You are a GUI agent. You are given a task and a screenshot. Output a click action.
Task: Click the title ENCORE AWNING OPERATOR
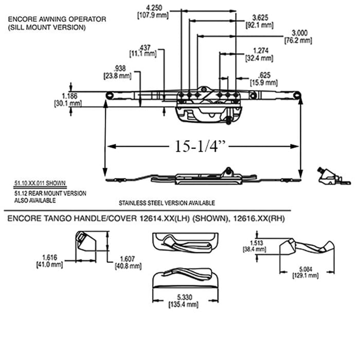(57, 19)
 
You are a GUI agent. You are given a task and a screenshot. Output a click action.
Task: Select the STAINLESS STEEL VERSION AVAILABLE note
(167, 203)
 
